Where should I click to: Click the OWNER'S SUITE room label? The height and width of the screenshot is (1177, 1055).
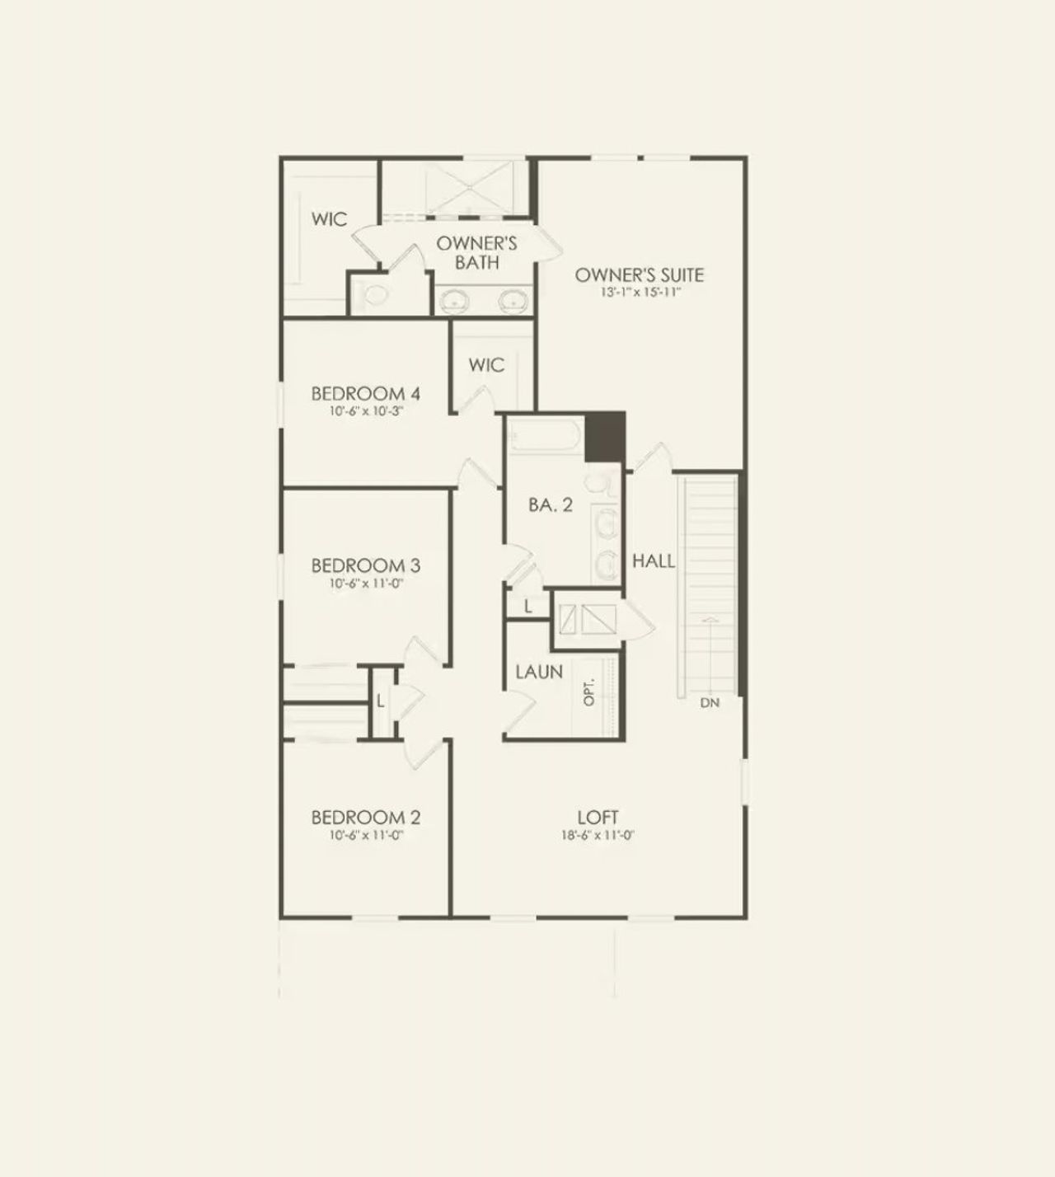tap(640, 274)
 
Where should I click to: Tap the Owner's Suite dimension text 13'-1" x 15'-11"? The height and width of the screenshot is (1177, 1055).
tap(640, 293)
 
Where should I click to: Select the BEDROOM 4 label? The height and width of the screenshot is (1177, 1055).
tap(366, 394)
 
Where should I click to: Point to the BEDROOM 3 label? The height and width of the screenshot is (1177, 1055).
tap(366, 565)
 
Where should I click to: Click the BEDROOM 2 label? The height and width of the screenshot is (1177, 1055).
tap(366, 818)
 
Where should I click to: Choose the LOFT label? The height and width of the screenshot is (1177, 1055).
tap(598, 818)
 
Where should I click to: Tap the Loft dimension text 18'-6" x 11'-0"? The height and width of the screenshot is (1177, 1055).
tap(598, 835)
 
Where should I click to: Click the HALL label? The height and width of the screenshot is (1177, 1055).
tap(654, 561)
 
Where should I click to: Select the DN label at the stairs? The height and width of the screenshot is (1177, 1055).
tap(710, 703)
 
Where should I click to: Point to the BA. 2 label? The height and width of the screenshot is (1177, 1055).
tap(551, 505)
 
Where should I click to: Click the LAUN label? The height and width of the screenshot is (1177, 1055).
tap(539, 672)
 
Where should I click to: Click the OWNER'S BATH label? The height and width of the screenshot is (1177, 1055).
tap(477, 252)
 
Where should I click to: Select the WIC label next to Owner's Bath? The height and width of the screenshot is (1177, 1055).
tap(329, 219)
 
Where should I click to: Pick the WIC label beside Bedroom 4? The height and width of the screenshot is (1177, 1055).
tap(486, 365)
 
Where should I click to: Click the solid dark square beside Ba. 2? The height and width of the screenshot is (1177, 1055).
tap(606, 438)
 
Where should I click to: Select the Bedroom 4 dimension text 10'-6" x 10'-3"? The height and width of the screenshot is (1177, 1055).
tap(366, 411)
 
